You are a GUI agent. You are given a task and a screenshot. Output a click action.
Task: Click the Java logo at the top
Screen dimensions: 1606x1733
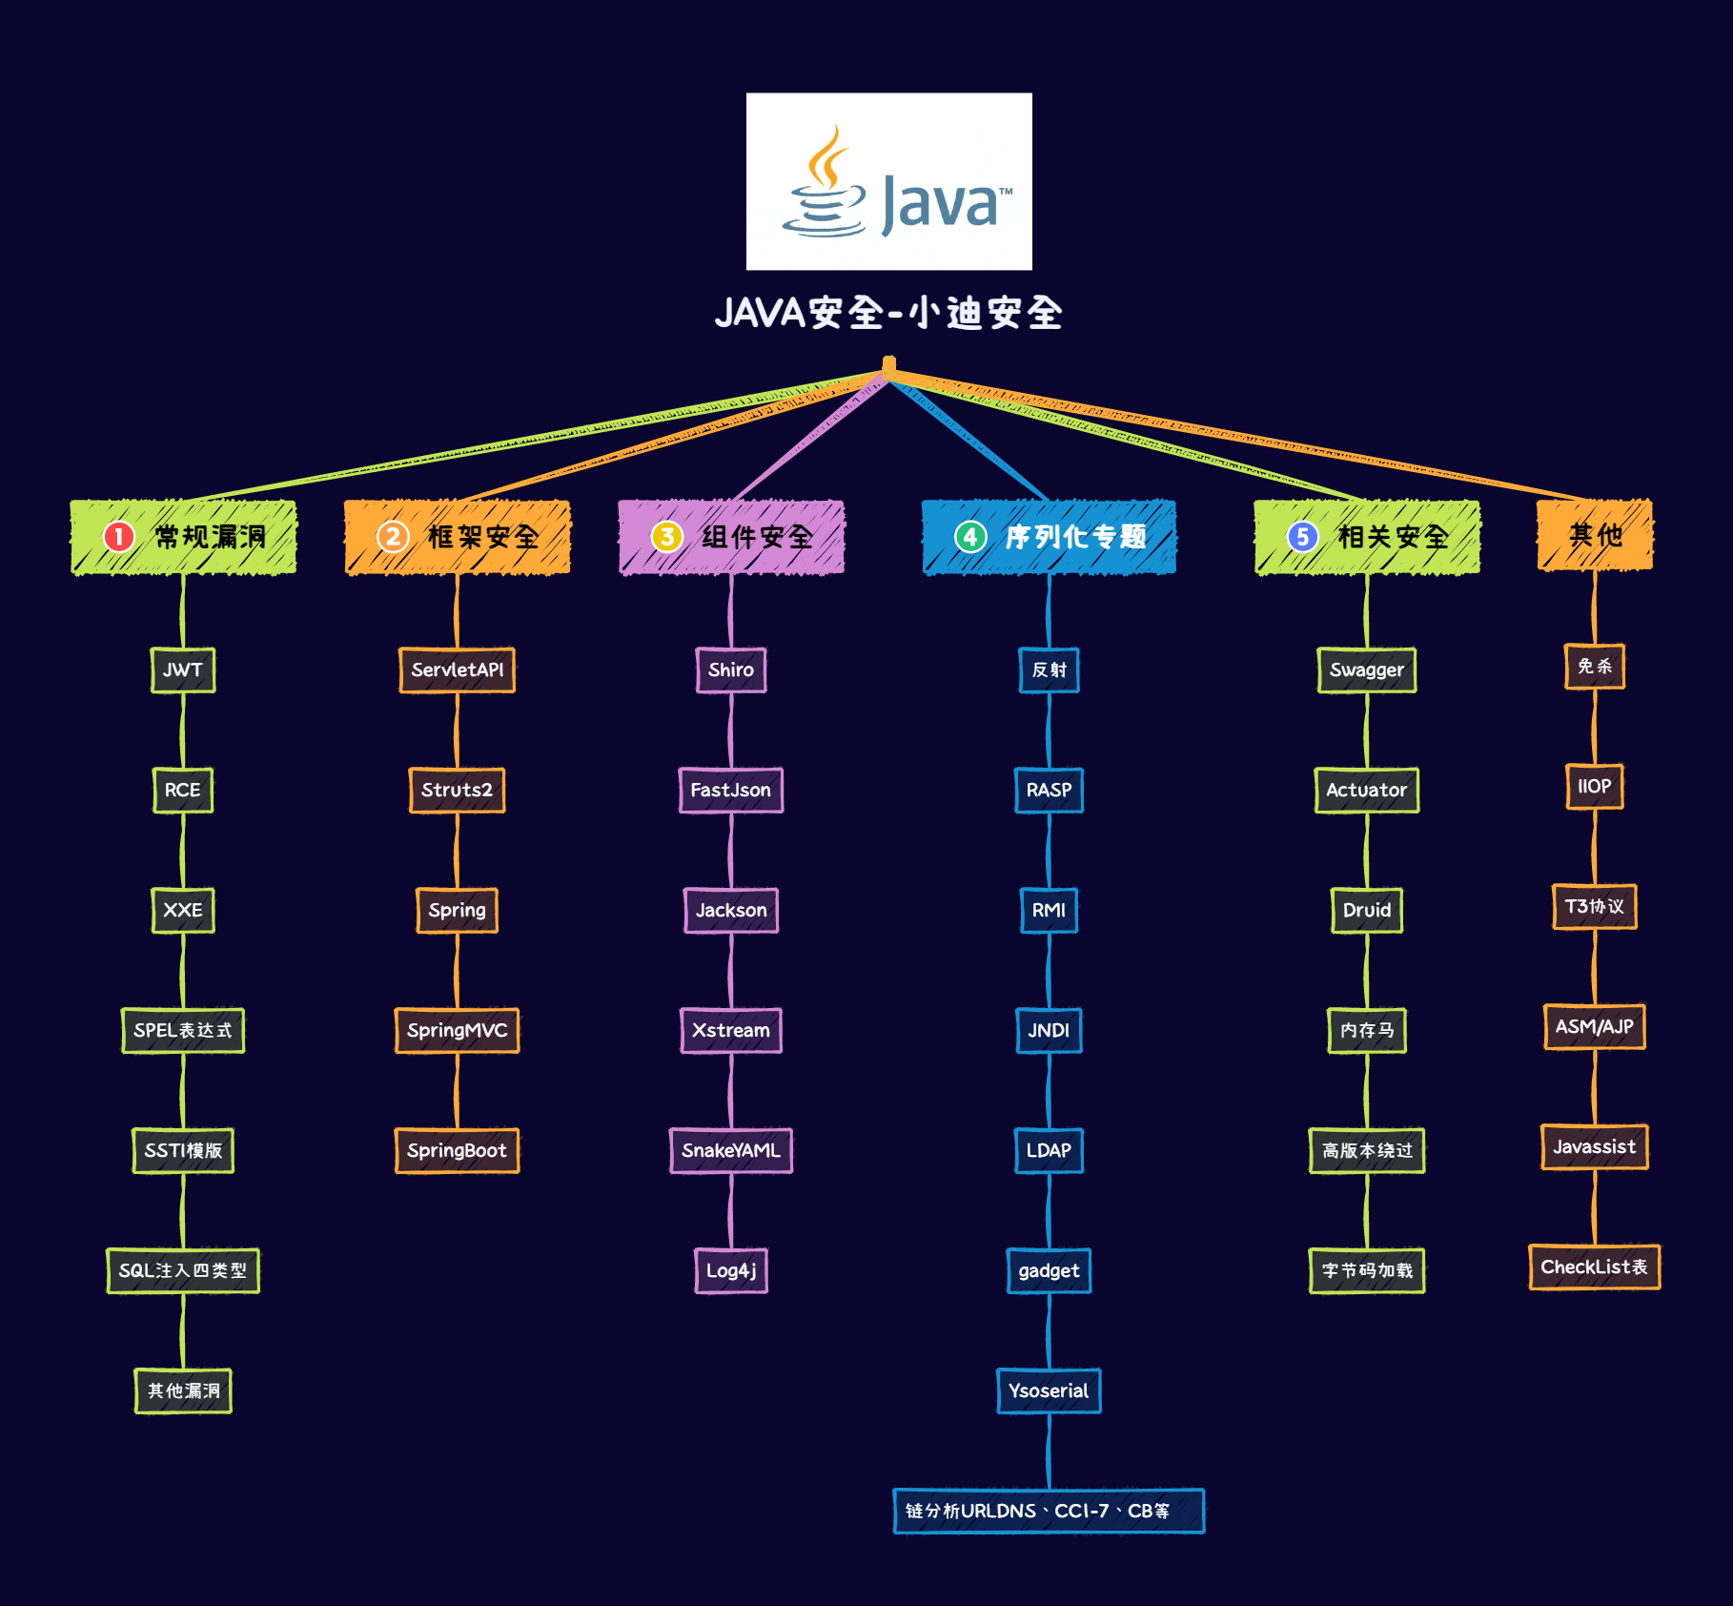click(x=888, y=181)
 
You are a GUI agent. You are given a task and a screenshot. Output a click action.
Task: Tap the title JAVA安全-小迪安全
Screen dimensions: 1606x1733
click(x=888, y=313)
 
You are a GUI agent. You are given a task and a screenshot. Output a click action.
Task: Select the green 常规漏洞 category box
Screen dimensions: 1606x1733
click(x=183, y=537)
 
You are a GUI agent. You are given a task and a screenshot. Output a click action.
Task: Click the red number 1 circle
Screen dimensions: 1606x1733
click(x=119, y=537)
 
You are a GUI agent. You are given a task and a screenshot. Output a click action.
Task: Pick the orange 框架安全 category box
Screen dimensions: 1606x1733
click(x=457, y=537)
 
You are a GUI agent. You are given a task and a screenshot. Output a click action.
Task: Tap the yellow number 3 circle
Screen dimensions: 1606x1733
click(x=666, y=537)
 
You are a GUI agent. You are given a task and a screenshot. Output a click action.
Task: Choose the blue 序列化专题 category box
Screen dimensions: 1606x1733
click(x=1049, y=537)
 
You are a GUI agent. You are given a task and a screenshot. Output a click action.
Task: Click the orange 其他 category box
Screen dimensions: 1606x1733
click(x=1595, y=535)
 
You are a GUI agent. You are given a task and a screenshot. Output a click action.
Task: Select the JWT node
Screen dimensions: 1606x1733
click(x=183, y=669)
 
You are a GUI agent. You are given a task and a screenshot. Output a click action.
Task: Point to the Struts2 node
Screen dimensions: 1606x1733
click(x=457, y=790)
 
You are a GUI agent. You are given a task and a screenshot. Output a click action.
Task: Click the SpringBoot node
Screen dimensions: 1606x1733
click(x=457, y=1150)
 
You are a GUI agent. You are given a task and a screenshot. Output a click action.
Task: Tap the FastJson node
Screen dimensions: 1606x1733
click(x=731, y=790)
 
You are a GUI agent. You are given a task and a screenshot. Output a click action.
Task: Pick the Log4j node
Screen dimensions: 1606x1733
click(x=731, y=1270)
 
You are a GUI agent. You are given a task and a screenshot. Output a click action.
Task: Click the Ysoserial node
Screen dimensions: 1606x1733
click(x=1049, y=1390)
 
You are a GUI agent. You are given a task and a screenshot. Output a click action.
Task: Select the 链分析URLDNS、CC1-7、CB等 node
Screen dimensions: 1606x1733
click(x=1049, y=1511)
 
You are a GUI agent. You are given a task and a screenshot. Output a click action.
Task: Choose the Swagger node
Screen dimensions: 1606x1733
click(x=1367, y=669)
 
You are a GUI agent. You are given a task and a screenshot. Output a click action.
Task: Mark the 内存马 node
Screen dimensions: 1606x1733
click(x=1367, y=1030)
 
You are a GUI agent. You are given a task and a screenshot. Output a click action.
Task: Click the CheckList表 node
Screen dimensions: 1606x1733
click(x=1595, y=1266)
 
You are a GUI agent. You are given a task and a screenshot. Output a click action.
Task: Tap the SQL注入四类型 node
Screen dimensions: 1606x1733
click(x=183, y=1270)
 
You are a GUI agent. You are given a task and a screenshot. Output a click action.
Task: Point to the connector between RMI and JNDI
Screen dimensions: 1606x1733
click(x=1049, y=970)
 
